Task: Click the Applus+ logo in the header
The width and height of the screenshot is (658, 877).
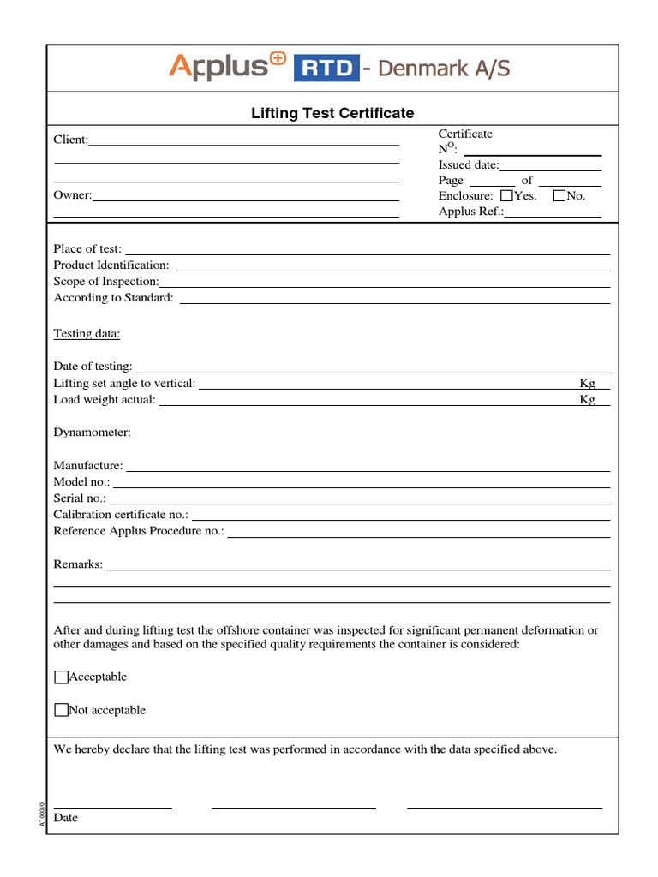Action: (227, 67)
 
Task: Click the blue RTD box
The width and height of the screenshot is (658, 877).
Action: (326, 69)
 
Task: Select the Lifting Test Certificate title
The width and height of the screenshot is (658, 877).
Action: (332, 113)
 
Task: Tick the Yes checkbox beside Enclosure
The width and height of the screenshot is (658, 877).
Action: (505, 196)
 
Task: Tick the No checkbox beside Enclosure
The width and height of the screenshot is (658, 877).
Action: (559, 196)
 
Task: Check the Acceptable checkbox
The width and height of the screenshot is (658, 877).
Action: (61, 677)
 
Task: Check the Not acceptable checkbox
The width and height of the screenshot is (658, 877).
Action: (61, 710)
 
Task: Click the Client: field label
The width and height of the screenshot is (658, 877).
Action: (71, 140)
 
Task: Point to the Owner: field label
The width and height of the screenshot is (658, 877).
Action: (73, 195)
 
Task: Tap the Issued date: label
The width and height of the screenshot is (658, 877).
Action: (469, 164)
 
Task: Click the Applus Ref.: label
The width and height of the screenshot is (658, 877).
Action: (471, 212)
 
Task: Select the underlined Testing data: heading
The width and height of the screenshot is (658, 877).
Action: (87, 333)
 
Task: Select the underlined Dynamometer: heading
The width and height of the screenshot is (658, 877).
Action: (92, 433)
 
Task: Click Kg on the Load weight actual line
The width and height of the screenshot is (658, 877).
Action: (587, 400)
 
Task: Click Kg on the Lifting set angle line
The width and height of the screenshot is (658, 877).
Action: (587, 384)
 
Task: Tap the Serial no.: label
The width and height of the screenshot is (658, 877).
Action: (81, 498)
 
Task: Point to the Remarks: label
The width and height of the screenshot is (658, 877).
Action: (78, 564)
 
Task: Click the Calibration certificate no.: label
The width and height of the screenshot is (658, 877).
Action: (122, 515)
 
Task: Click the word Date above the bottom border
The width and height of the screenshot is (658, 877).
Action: (66, 818)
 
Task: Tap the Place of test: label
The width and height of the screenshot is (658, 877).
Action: (87, 249)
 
